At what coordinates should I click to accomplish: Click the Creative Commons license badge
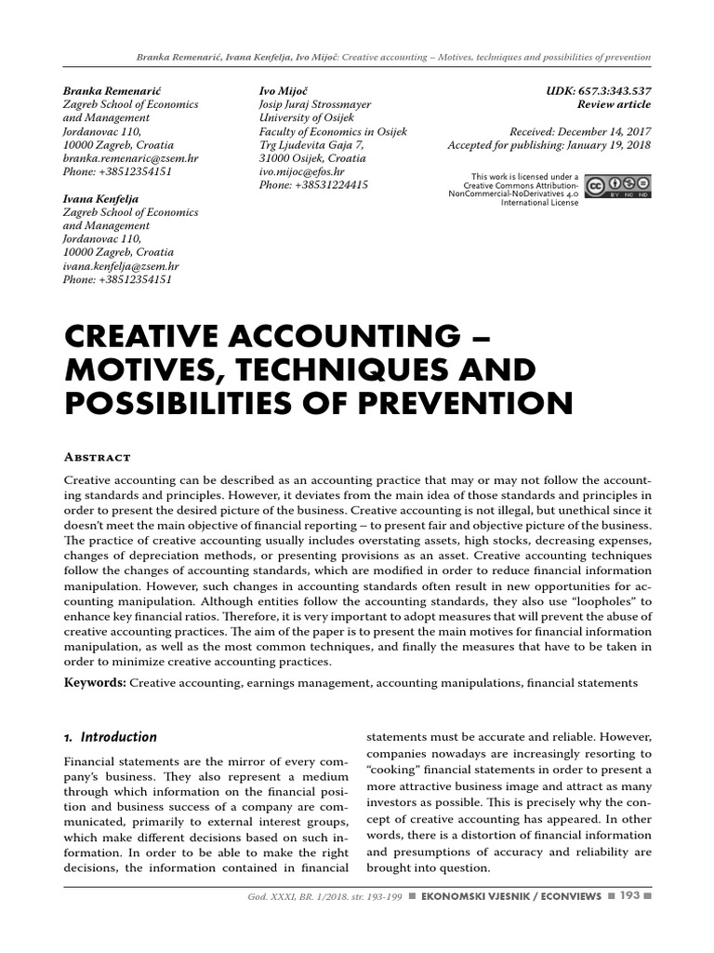tap(617, 186)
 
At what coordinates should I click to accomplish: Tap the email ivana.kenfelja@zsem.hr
tap(120, 266)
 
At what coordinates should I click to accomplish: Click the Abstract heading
tap(96, 457)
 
